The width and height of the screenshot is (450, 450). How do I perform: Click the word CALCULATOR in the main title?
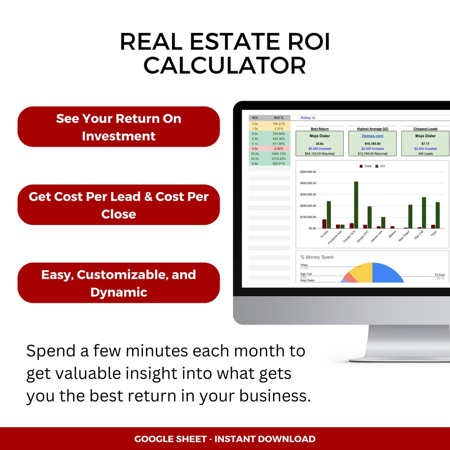[225, 66]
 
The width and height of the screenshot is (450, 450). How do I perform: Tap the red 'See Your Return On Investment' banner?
[118, 127]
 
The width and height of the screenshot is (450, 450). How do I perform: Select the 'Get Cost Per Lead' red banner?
[118, 205]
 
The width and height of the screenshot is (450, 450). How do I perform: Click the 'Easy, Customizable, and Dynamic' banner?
[118, 283]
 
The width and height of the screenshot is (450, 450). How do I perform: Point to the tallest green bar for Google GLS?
[356, 205]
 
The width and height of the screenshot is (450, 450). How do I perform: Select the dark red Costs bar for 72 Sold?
[324, 224]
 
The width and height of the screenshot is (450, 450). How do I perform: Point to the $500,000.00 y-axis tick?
[308, 172]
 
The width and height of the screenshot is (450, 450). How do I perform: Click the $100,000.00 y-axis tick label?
[308, 217]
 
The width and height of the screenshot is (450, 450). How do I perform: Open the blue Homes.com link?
[372, 136]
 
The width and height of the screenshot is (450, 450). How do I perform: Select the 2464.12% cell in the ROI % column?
[279, 154]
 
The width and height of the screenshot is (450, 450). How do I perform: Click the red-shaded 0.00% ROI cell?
[279, 149]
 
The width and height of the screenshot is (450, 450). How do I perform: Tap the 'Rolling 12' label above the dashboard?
[307, 118]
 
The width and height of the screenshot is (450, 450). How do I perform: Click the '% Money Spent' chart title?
[317, 257]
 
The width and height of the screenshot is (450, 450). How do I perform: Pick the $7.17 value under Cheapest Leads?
[425, 144]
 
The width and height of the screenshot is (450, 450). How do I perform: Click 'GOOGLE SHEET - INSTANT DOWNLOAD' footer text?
[225, 439]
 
